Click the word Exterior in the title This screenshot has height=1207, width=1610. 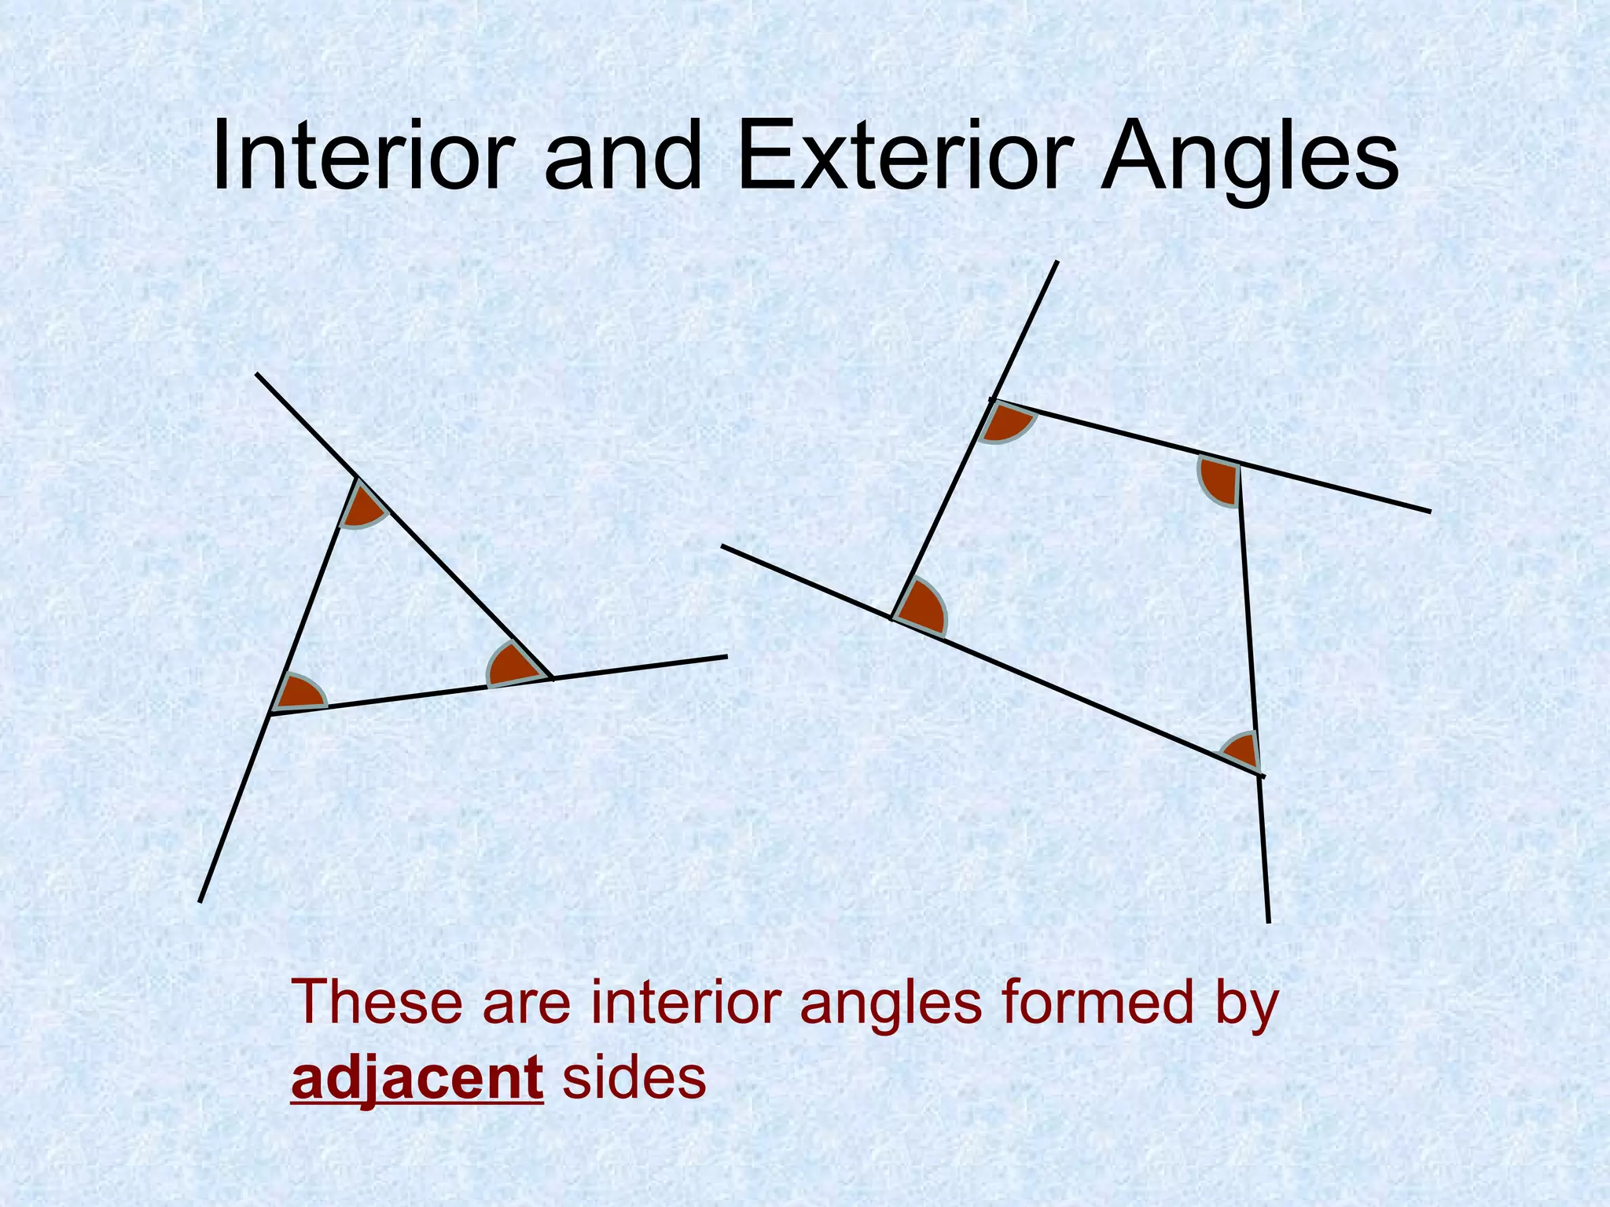tap(904, 157)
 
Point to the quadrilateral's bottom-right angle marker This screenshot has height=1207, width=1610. tap(1243, 750)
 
